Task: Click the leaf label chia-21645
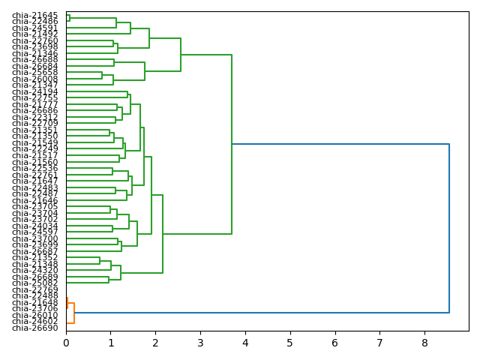pos(34,15)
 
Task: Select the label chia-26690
pos(34,328)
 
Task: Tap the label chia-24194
pos(34,91)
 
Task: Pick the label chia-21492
pos(34,34)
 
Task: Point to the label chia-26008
pos(34,79)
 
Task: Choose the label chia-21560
pos(34,162)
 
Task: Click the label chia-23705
pos(34,206)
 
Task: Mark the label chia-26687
pos(34,251)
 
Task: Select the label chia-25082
pos(34,283)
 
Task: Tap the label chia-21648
pos(34,302)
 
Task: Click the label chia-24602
pos(34,321)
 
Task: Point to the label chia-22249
pos(34,148)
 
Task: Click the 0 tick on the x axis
pos(66,343)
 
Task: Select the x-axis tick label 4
pos(245,343)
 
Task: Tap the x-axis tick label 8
pos(424,343)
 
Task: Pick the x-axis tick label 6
pos(334,343)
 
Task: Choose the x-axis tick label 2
pos(155,343)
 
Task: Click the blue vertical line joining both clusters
pos(449,225)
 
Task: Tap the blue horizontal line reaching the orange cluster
pos(262,313)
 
